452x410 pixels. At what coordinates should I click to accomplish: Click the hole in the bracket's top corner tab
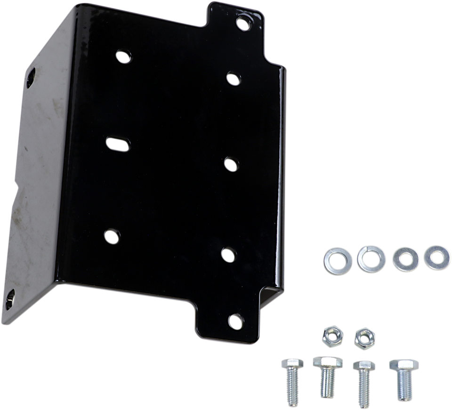[x=243, y=22]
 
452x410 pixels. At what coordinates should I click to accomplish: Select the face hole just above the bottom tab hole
[x=228, y=254]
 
